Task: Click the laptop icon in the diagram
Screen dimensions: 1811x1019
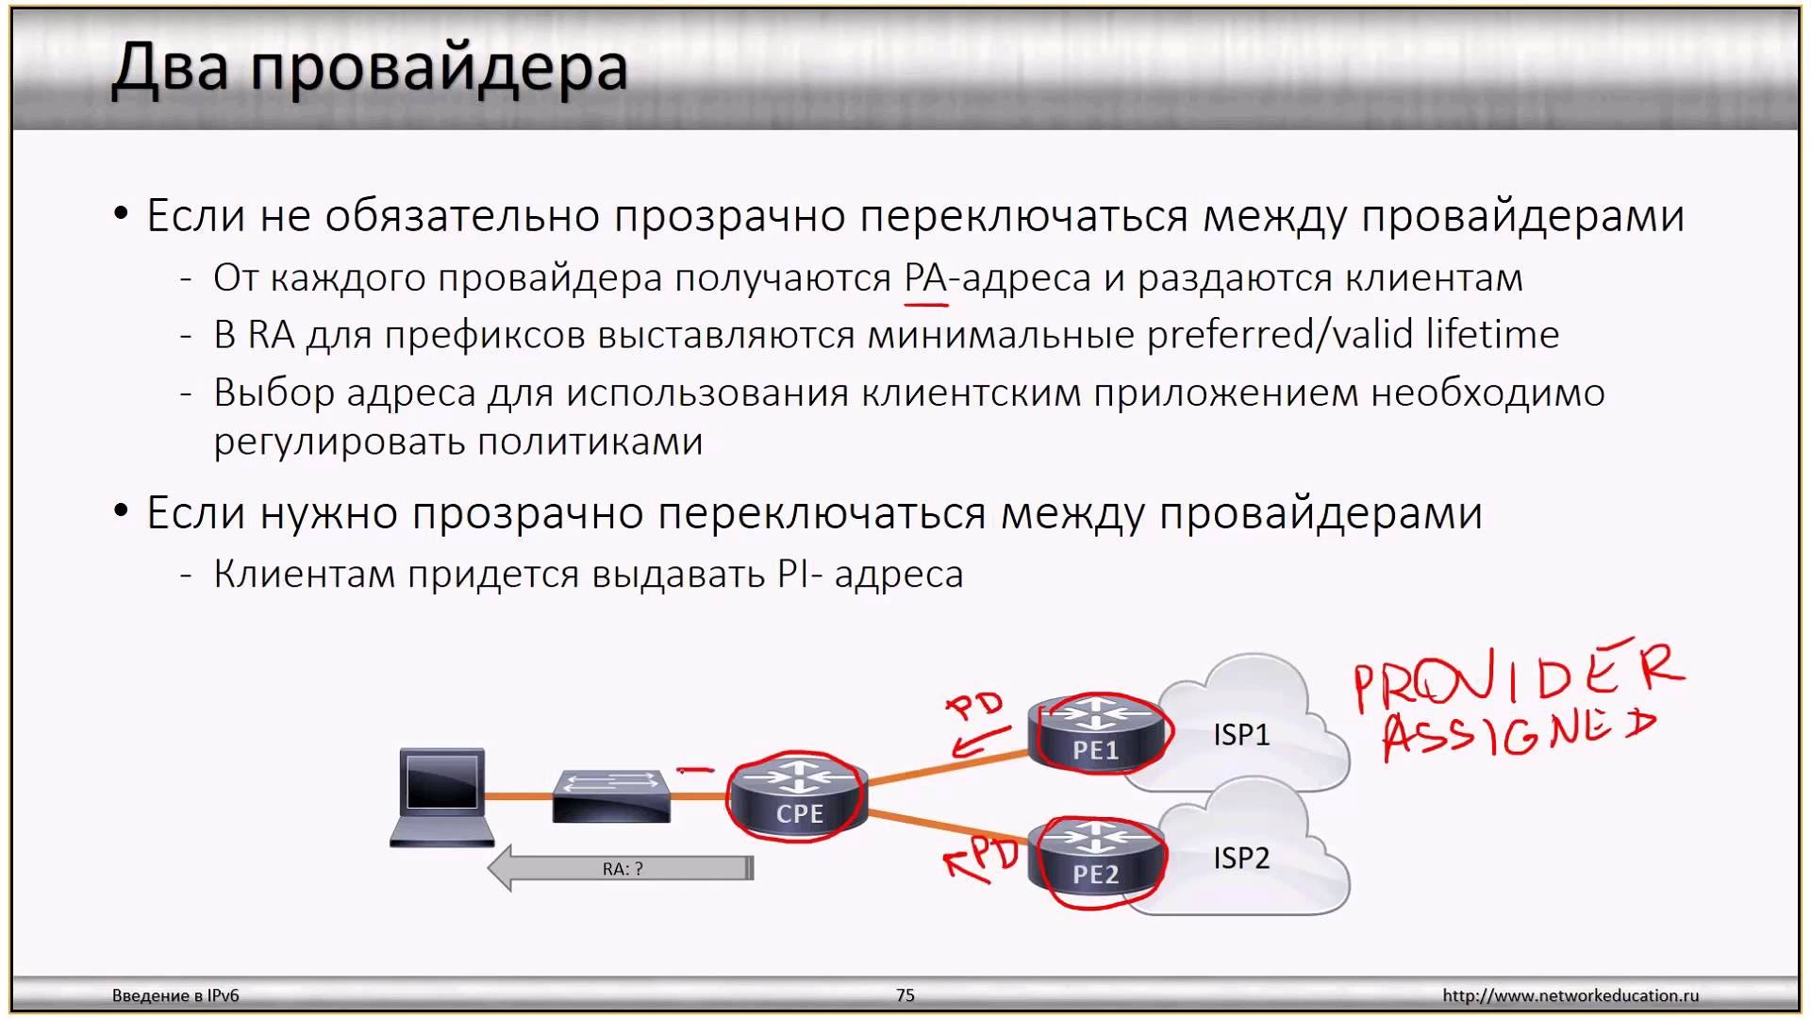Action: coord(441,797)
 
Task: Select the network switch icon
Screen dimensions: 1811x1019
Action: coord(611,796)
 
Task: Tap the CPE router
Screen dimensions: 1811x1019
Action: coord(799,796)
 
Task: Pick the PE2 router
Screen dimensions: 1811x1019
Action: coord(1096,859)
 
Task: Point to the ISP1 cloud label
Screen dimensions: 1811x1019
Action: coord(1241,734)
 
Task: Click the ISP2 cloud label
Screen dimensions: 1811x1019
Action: coord(1241,858)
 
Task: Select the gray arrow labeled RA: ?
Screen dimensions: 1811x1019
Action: coord(621,868)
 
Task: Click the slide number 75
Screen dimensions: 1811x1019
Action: coord(905,995)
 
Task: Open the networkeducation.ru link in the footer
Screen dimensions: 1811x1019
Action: coord(1570,995)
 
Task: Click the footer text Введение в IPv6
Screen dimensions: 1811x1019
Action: coord(175,995)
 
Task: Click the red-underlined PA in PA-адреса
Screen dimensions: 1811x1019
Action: coord(925,277)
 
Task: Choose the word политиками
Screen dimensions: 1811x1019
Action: coord(590,442)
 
